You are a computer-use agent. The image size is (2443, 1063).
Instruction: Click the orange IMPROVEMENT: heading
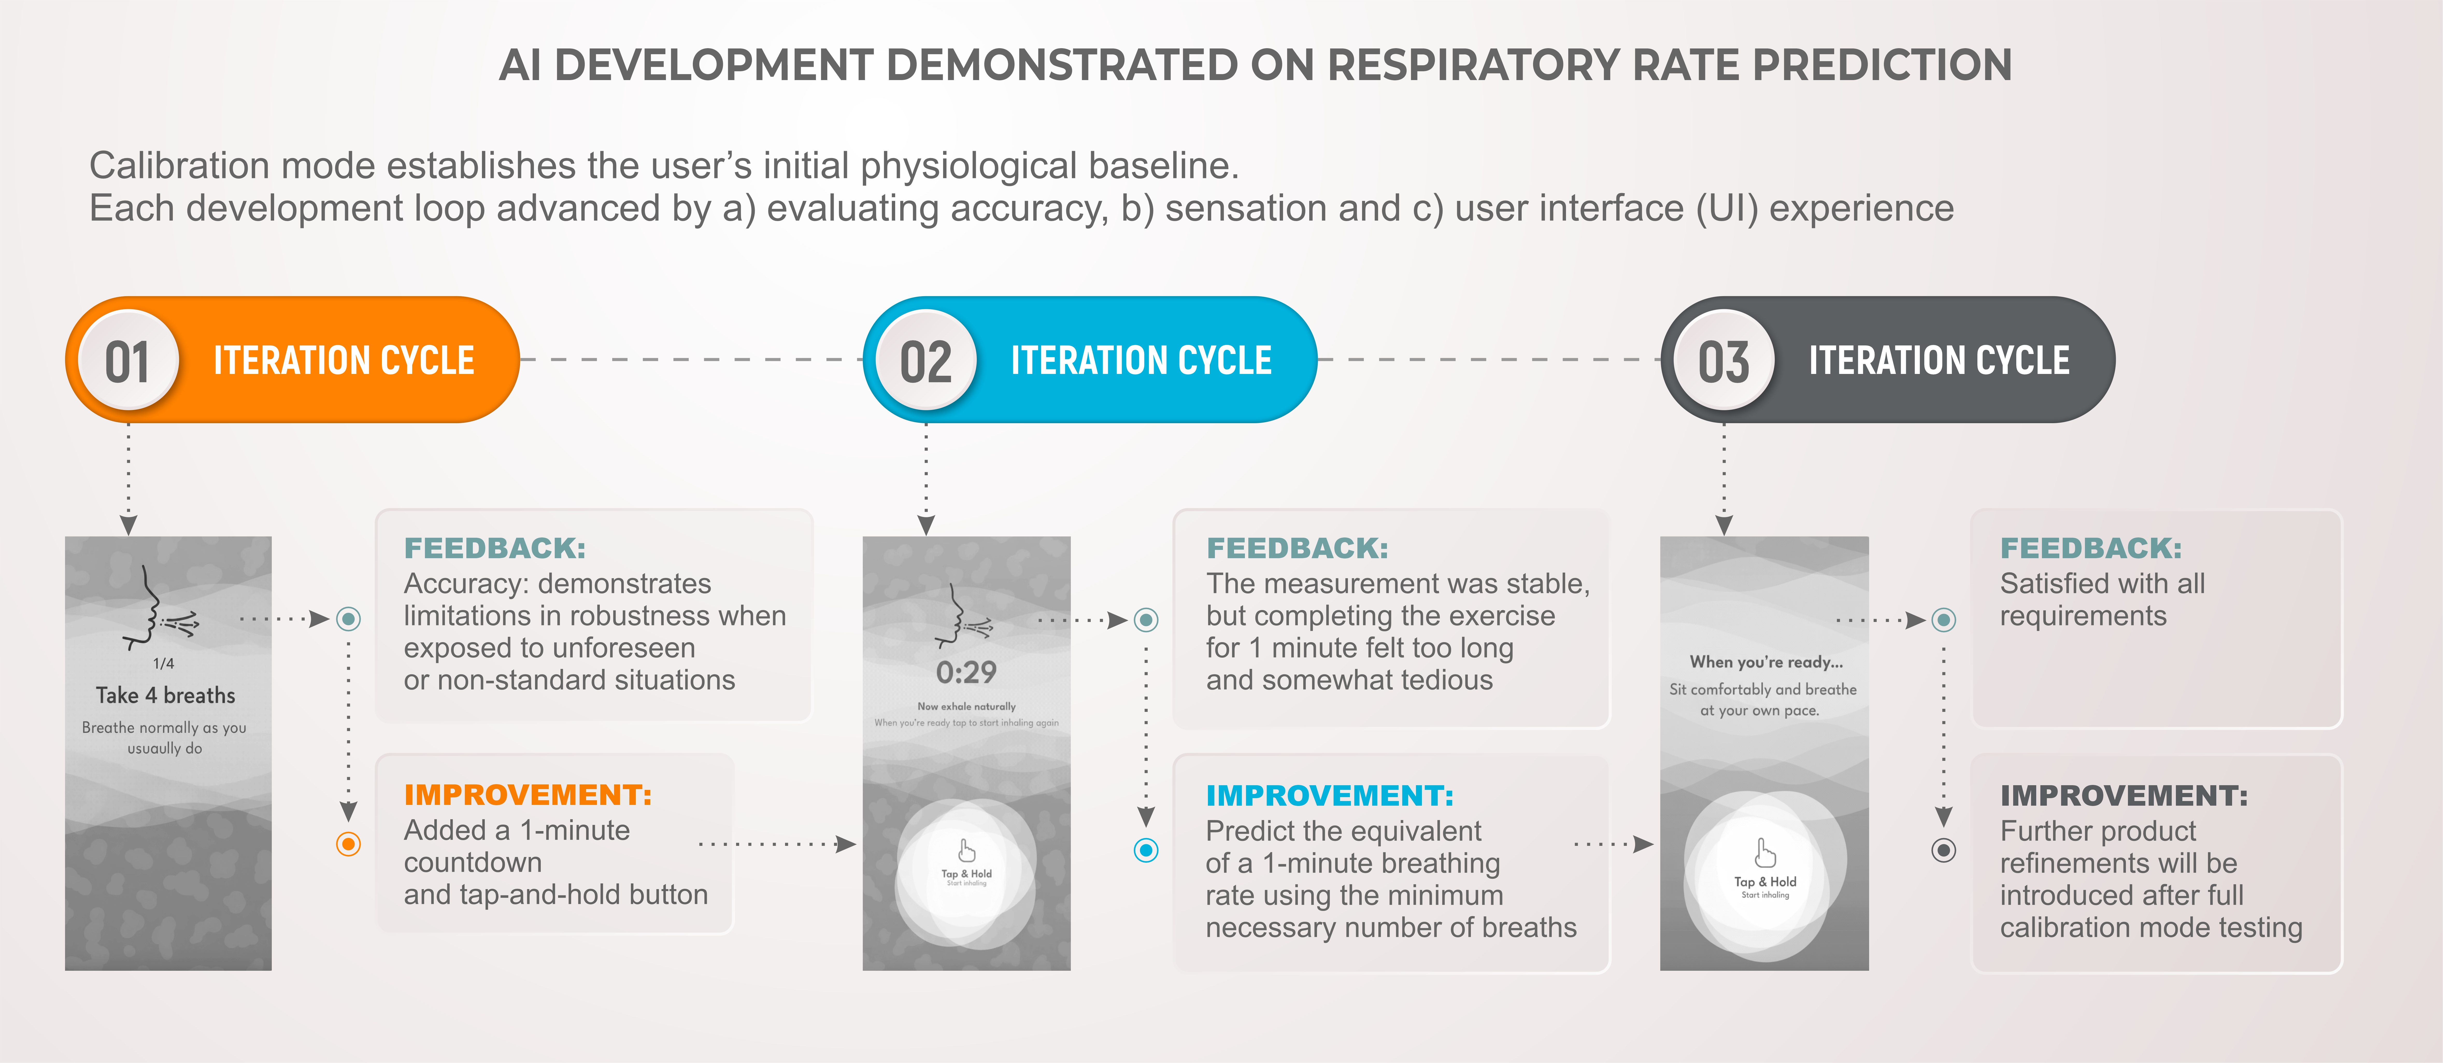point(527,795)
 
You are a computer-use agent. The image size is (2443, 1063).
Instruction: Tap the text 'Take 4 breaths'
point(165,695)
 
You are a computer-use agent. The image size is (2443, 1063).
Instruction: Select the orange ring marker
point(349,844)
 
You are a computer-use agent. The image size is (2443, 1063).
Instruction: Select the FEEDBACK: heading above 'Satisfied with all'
point(2090,548)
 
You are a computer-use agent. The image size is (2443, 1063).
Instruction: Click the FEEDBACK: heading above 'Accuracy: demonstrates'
point(494,548)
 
